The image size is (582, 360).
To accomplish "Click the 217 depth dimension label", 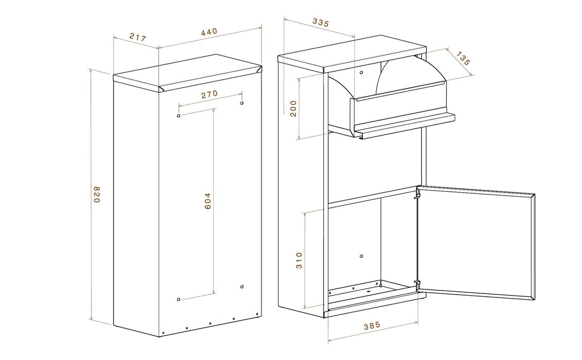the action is (138, 37).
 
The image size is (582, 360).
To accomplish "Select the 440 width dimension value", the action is (209, 32).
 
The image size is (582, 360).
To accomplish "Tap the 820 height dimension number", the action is (97, 194).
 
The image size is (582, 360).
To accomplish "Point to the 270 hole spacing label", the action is (209, 94).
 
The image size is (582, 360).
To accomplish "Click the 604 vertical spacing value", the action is (207, 201).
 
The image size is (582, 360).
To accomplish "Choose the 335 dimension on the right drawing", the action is (321, 23).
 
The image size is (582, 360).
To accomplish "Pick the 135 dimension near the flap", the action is (463, 59).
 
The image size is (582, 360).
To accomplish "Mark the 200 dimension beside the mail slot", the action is (294, 109).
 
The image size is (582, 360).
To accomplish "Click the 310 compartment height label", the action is (299, 260).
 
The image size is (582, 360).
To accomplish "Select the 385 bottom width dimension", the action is (372, 326).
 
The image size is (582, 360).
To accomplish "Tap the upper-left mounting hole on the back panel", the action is (179, 116).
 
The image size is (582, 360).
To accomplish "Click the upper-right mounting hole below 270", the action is (242, 103).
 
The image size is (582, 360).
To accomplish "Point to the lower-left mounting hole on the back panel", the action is (179, 299).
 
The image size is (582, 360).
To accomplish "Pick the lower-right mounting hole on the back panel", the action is (242, 287).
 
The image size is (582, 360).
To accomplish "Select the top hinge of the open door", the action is (418, 193).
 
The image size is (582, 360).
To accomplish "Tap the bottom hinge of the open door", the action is (418, 285).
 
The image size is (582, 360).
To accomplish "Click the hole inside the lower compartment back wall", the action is (361, 256).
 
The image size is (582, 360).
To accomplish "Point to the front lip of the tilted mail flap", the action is (405, 126).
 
